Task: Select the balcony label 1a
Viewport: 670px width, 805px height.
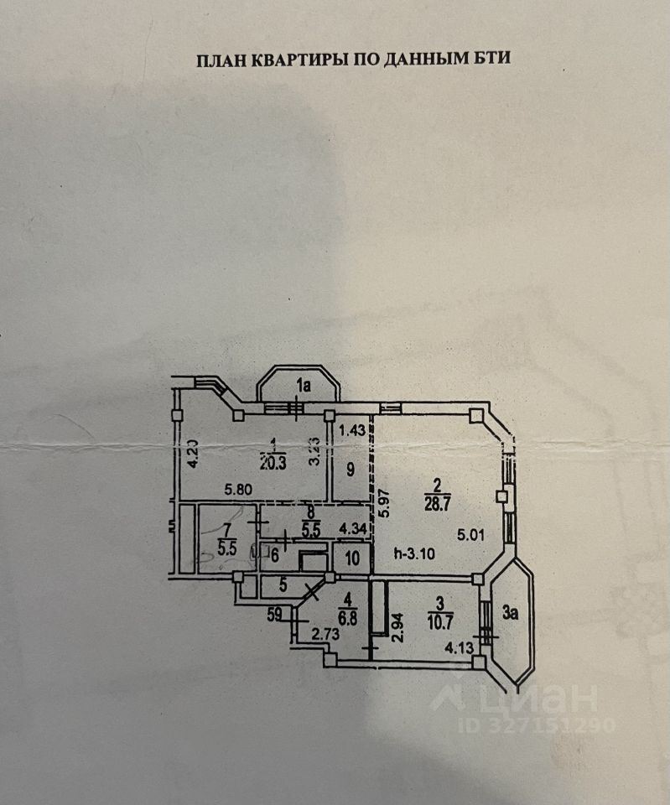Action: (x=303, y=386)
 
